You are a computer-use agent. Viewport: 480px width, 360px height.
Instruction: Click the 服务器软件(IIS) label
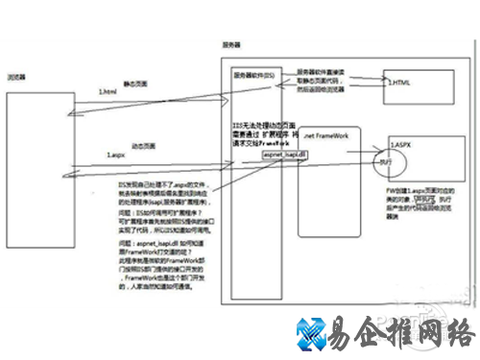pyautogui.click(x=254, y=74)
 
